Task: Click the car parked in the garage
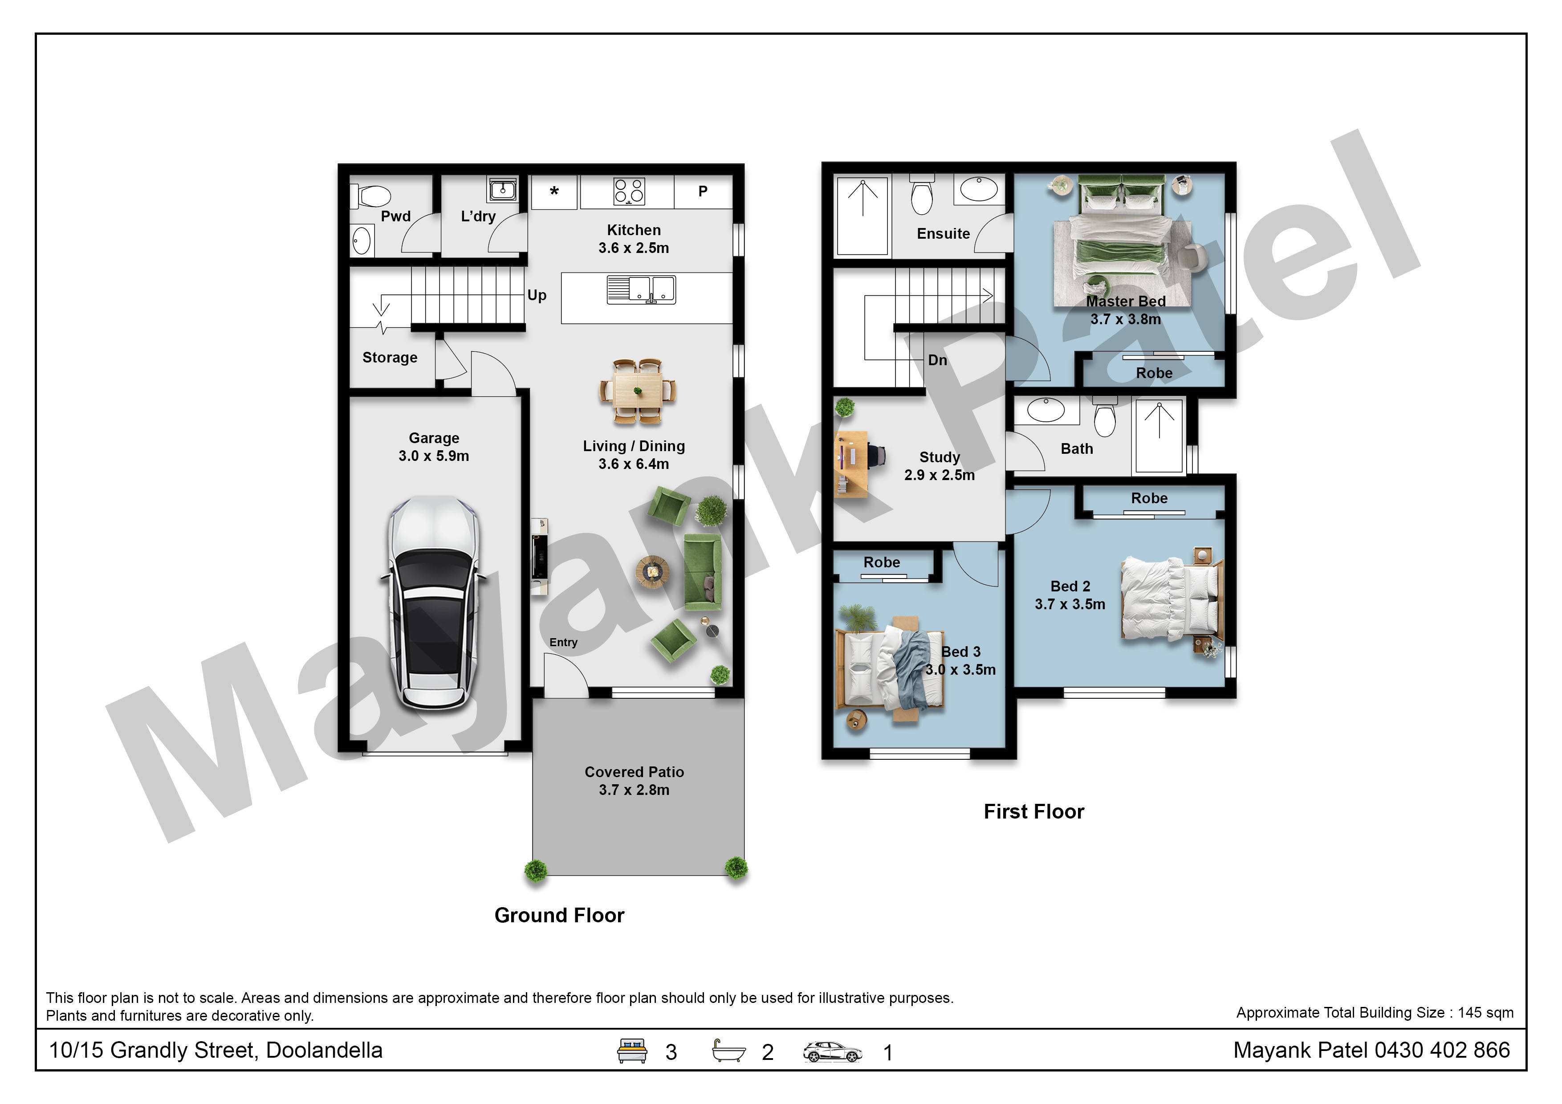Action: coord(433,603)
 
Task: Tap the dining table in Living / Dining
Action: coord(638,392)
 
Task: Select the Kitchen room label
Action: coord(633,230)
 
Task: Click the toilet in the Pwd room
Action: coord(371,196)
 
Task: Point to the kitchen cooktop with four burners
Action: coord(629,191)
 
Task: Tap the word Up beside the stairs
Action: coord(537,295)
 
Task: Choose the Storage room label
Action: coord(390,358)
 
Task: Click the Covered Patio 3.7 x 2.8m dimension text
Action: coord(634,790)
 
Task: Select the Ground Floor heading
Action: coord(559,915)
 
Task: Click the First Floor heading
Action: coord(1033,811)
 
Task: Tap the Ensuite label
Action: coord(943,233)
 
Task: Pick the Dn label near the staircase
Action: coord(937,360)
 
